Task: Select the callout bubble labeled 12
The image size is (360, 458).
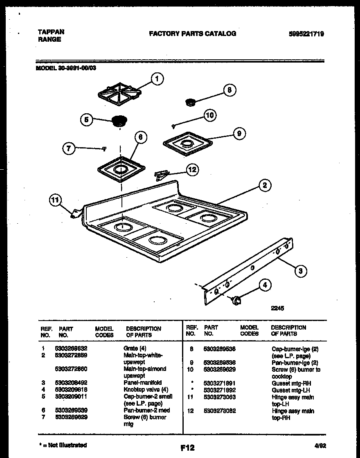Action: coord(191,169)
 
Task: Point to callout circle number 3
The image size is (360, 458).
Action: coord(300,270)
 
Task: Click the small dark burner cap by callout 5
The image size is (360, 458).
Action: coord(119,121)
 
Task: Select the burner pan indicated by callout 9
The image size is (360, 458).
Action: coord(188,143)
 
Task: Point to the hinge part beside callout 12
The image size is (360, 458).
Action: coord(160,175)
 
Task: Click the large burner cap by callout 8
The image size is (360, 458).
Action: coord(190,102)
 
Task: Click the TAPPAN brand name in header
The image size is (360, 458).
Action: coord(51,32)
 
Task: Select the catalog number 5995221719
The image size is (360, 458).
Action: coord(306,34)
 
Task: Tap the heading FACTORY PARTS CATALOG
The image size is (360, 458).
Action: coord(192,34)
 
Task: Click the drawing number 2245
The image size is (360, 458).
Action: coord(277,309)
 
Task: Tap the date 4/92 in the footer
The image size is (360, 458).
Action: coord(320,446)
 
